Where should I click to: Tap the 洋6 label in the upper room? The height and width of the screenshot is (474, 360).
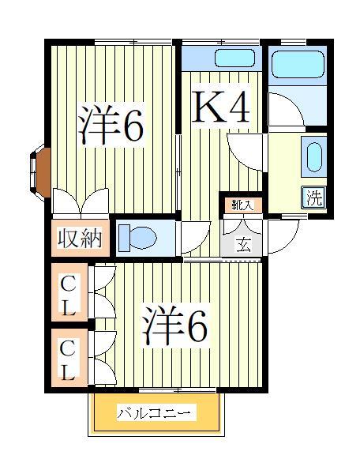tap(111, 125)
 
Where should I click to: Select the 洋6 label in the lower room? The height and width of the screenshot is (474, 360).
tap(175, 325)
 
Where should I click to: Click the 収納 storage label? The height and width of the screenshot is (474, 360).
tap(79, 238)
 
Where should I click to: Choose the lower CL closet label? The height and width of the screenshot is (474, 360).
tap(69, 359)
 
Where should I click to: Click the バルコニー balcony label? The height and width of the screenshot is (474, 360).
tap(156, 413)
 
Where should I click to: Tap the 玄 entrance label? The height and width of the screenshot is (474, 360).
tap(243, 244)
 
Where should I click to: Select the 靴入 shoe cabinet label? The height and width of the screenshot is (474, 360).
tap(242, 205)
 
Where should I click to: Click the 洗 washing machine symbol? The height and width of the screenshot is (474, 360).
tap(314, 199)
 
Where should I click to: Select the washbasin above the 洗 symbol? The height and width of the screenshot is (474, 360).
tap(313, 156)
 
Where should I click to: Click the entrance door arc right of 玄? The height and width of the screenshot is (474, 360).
tap(283, 233)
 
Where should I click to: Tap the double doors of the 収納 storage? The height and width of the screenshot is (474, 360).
tap(81, 204)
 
